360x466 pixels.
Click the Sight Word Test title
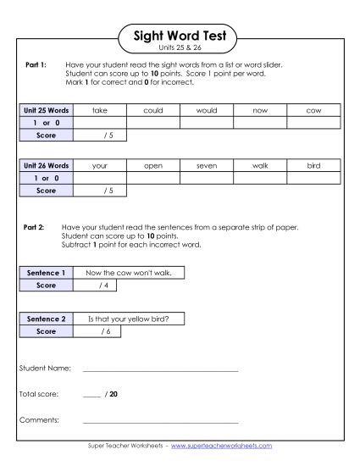[x=180, y=36]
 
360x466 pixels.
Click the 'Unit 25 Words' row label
[x=45, y=110]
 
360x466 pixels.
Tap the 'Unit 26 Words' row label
[x=45, y=166]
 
